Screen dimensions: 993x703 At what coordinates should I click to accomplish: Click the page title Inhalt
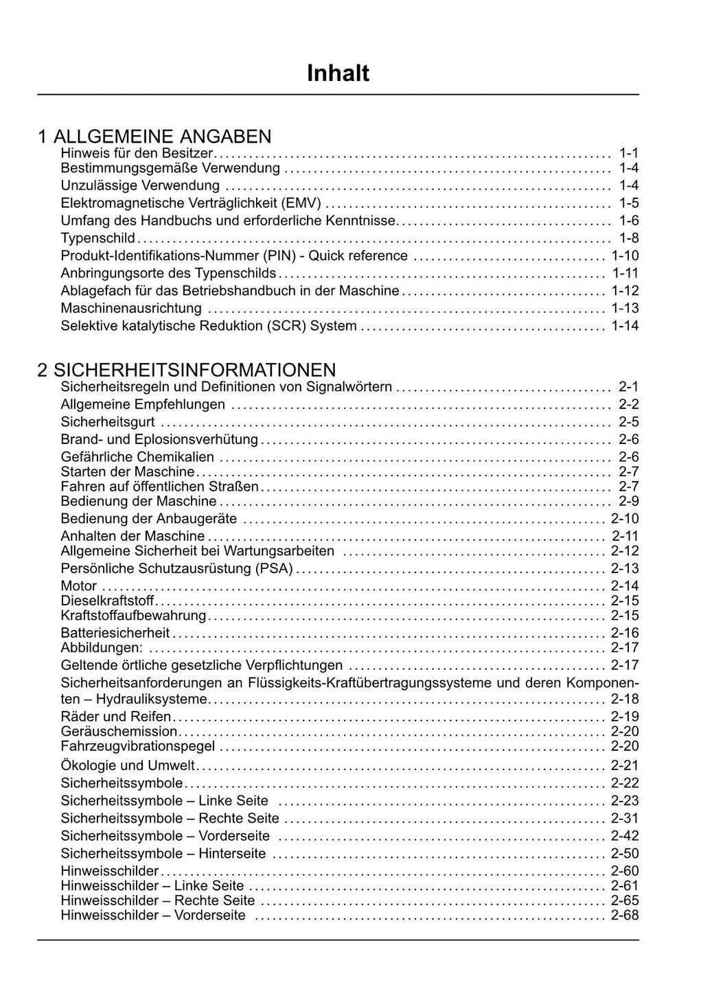[338, 73]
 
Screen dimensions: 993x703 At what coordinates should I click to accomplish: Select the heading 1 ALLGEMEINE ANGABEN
[154, 136]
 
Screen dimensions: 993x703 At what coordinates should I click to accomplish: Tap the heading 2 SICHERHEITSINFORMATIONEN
[187, 370]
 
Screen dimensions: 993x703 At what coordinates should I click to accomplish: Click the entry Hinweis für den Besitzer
[137, 153]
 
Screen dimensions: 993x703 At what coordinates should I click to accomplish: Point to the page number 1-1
[628, 153]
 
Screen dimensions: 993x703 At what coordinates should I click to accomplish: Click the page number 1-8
[628, 238]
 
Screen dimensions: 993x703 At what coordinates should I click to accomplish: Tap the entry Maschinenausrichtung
[131, 308]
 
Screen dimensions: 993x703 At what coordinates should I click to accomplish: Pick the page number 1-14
[625, 326]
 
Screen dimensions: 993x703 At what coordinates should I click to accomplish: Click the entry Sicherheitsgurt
[108, 422]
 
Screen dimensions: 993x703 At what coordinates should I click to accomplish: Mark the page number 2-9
[628, 501]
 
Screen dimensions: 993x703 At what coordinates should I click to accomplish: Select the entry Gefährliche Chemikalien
[137, 457]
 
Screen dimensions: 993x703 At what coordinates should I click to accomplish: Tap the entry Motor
[79, 586]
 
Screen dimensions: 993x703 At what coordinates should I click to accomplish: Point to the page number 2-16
[625, 633]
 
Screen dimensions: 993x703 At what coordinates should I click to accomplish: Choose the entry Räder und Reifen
[116, 716]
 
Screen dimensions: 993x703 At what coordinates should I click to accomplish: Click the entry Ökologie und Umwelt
[128, 765]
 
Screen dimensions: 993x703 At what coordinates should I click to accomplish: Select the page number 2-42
[625, 836]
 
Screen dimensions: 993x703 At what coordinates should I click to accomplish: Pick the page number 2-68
[625, 915]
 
